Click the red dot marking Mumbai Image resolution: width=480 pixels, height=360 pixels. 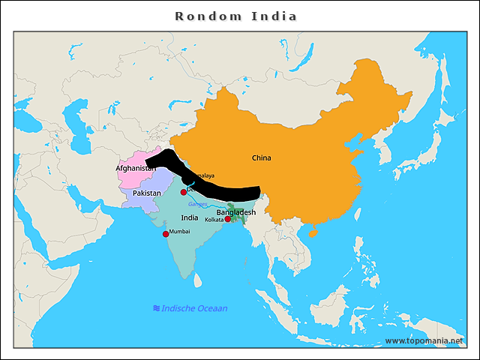tap(166, 234)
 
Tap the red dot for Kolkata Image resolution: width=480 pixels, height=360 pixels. tap(227, 219)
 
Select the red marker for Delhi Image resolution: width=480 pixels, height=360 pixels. tap(183, 192)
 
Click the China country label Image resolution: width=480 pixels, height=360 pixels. tap(262, 158)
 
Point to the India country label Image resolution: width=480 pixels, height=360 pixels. tap(190, 217)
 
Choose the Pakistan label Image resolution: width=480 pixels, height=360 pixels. tap(147, 193)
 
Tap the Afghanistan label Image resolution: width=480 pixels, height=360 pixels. tap(136, 169)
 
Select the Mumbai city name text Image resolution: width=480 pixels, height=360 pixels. tap(180, 232)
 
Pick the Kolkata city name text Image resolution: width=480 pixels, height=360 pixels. tap(214, 220)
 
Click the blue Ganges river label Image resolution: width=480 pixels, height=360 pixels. tap(197, 204)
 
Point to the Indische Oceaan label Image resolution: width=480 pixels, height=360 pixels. tap(194, 308)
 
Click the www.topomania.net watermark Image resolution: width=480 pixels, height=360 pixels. tap(424, 340)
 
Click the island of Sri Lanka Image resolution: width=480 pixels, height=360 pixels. tap(198, 280)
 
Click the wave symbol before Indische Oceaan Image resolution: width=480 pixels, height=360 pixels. tap(156, 308)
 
